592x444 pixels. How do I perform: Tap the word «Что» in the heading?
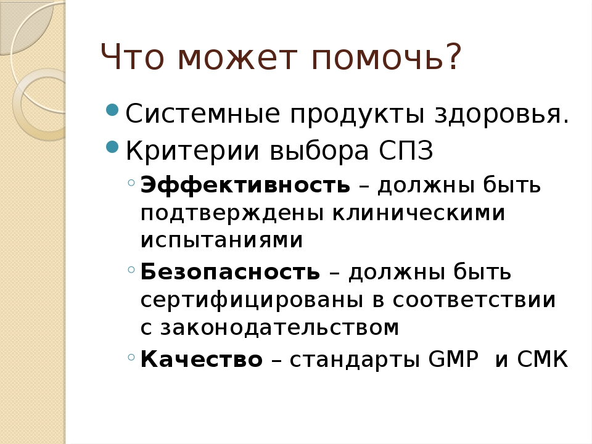pos(133,57)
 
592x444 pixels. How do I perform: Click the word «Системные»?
pos(203,113)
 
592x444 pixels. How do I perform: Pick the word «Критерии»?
pos(192,150)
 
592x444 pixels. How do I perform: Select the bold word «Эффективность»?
pos(245,185)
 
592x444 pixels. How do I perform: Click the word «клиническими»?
pos(418,213)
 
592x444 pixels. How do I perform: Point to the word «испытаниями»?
pos(221,240)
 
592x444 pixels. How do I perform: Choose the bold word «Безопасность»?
pos(230,271)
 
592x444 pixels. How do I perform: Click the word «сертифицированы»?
pos(252,300)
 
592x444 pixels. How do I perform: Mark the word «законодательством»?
pos(280,327)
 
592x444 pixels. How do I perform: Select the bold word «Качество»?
pos(201,359)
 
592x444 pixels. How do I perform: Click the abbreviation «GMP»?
pos(453,359)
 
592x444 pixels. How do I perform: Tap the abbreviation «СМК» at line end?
pos(542,359)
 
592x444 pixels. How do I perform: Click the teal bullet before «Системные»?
pos(112,110)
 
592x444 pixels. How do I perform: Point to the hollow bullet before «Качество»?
pos(131,357)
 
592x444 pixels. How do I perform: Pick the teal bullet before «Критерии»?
pos(112,147)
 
